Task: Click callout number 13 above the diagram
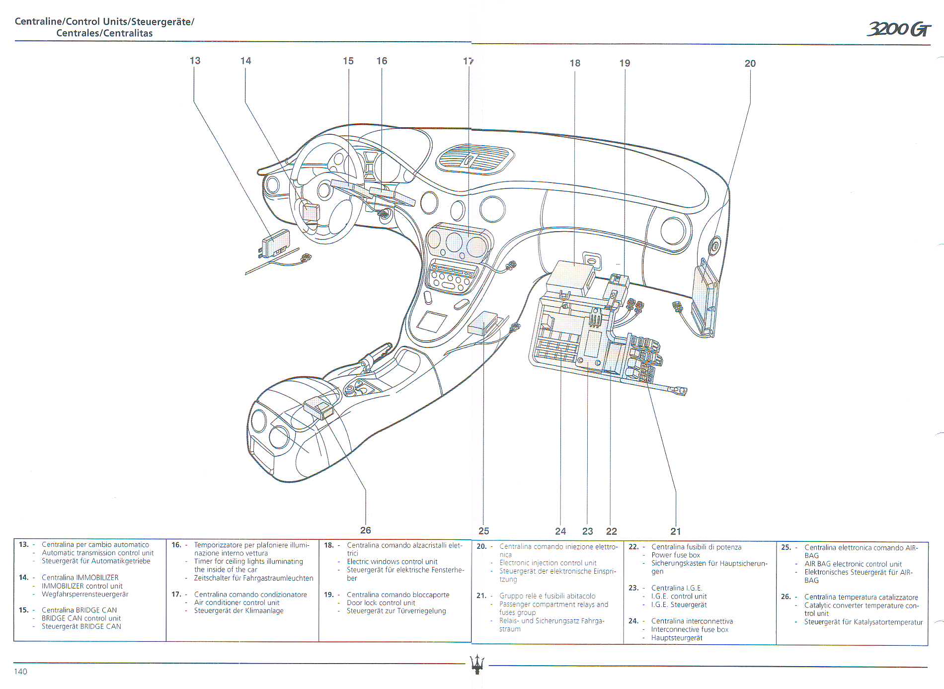pos(195,61)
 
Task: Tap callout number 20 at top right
pos(750,64)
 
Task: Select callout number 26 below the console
pos(366,530)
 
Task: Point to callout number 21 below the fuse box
pos(676,531)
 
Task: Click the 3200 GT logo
pos(899,29)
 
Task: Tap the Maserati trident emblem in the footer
pos(477,664)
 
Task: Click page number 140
pos(21,672)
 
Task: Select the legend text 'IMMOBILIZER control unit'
pos(82,586)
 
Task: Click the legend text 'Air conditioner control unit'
pos(236,603)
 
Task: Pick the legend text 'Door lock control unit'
pos(381,603)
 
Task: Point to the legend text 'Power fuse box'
pos(675,555)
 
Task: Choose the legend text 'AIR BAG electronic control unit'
pos(853,564)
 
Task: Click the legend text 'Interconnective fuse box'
pos(690,629)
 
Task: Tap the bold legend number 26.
pos(786,597)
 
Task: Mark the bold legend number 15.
pos(23,610)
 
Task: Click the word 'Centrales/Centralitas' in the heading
pos(104,33)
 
